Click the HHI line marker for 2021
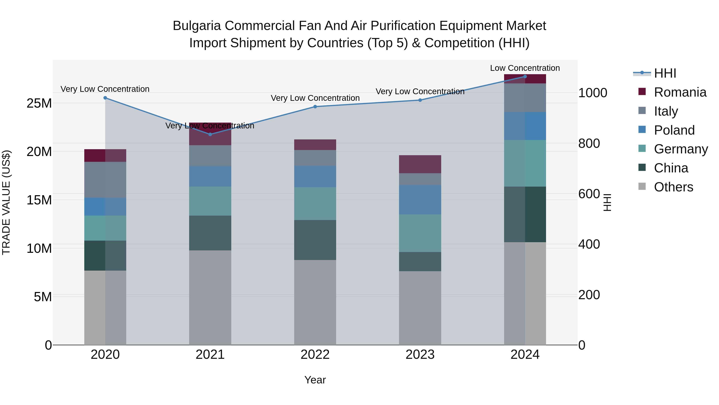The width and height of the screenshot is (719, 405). [x=210, y=134]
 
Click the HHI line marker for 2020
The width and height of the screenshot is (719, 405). [x=105, y=98]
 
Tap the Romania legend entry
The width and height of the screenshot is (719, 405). [x=680, y=92]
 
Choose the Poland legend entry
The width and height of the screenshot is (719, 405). [x=674, y=130]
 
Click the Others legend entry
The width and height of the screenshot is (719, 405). [x=673, y=187]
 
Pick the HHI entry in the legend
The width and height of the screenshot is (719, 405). [x=665, y=73]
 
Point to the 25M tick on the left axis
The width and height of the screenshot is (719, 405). [x=39, y=103]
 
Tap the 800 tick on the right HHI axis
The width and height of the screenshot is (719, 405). [x=589, y=143]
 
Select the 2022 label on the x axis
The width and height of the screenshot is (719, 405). [x=315, y=355]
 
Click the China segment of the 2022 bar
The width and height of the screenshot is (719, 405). [x=315, y=240]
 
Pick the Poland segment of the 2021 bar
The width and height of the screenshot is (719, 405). [x=210, y=176]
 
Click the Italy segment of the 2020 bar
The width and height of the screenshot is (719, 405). [x=105, y=180]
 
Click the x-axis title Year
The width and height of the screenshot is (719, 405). [x=315, y=380]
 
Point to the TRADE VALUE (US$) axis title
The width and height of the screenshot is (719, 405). [x=6, y=202]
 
